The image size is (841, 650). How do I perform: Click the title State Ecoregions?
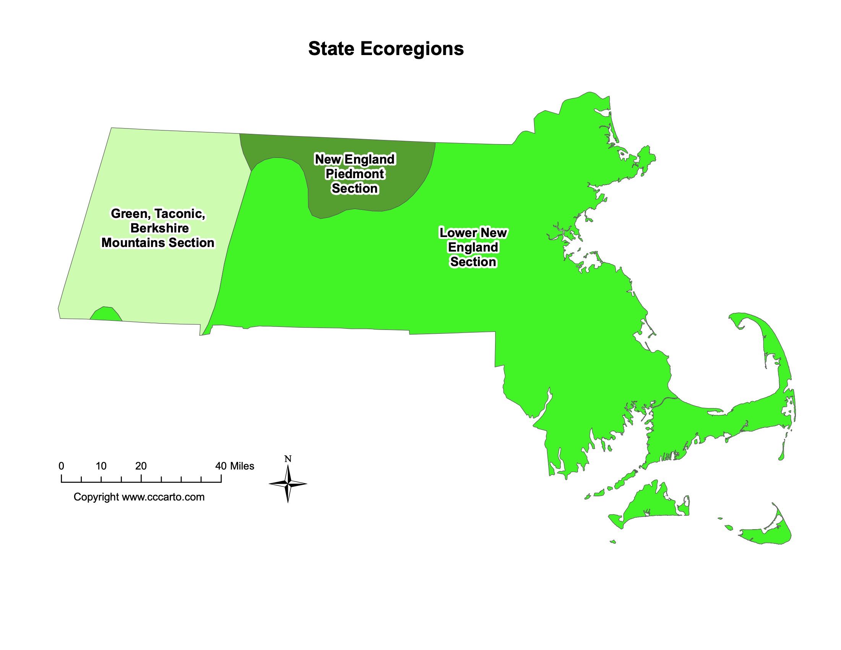(386, 49)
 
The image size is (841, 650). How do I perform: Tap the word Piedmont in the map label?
(355, 174)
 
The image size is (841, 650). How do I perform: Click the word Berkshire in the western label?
(159, 228)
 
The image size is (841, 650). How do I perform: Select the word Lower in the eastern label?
(457, 233)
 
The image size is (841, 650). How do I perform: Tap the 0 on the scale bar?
(61, 466)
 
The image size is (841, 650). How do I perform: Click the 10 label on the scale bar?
(101, 466)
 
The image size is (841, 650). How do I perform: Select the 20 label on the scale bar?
(141, 466)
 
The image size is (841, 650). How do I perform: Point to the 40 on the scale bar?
(221, 466)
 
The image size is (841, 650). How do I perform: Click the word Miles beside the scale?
(242, 466)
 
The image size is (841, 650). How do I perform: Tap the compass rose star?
(288, 484)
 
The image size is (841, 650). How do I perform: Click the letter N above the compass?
(288, 459)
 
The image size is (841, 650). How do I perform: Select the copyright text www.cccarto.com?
(163, 497)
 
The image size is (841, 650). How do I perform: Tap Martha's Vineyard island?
(651, 504)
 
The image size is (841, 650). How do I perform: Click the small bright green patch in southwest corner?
(106, 314)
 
